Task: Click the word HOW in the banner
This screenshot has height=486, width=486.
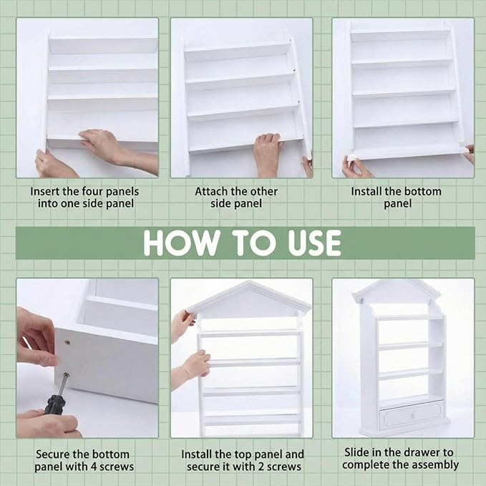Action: (x=182, y=243)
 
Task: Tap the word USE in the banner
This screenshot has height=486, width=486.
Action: (x=315, y=243)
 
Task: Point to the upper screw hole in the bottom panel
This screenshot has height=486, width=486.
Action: (x=67, y=343)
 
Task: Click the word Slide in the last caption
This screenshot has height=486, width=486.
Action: (x=356, y=452)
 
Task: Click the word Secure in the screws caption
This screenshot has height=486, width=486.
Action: (x=53, y=455)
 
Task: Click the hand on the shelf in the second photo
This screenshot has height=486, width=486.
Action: (x=266, y=152)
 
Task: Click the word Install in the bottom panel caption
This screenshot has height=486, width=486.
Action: (x=366, y=192)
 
